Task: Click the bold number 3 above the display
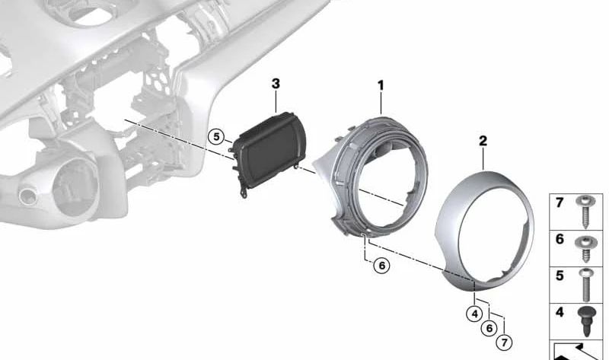pyautogui.click(x=276, y=84)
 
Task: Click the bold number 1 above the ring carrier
pyautogui.click(x=381, y=85)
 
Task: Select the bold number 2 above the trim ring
pyautogui.click(x=483, y=141)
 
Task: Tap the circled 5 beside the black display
pyautogui.click(x=216, y=137)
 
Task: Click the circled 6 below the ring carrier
pyautogui.click(x=382, y=266)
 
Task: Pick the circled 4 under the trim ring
pyautogui.click(x=474, y=314)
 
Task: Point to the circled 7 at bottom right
pyautogui.click(x=504, y=342)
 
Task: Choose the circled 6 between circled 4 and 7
pyautogui.click(x=489, y=328)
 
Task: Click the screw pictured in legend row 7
pyautogui.click(x=585, y=211)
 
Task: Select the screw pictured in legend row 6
pyautogui.click(x=584, y=247)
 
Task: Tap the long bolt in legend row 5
pyautogui.click(x=586, y=285)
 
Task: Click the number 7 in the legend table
pyautogui.click(x=560, y=202)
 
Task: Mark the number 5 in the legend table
pyautogui.click(x=560, y=276)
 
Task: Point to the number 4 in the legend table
pyautogui.click(x=560, y=312)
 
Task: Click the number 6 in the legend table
pyautogui.click(x=560, y=239)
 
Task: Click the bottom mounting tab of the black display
pyautogui.click(x=244, y=193)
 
